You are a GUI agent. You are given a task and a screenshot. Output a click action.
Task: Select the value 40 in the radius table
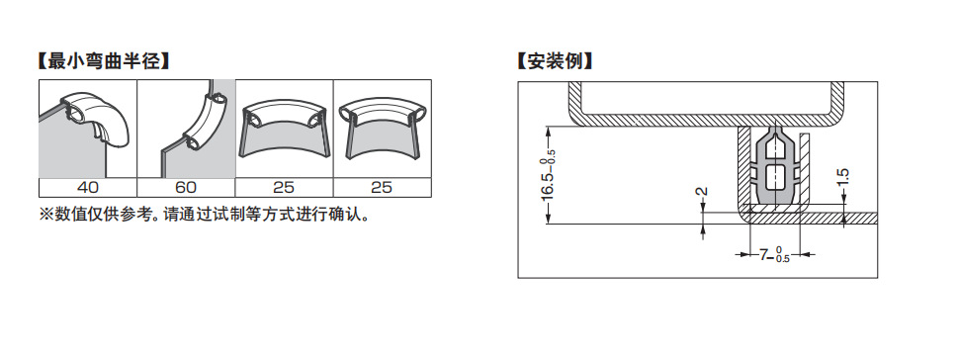(87, 187)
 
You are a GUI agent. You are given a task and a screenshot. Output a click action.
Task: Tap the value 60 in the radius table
(185, 187)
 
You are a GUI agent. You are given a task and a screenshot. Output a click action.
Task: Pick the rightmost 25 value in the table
(382, 187)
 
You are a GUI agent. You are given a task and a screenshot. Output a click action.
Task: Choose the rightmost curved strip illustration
(382, 124)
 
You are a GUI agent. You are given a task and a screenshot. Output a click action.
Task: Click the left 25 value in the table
(284, 187)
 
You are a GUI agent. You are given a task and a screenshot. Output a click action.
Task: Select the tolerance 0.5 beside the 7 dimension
(782, 259)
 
